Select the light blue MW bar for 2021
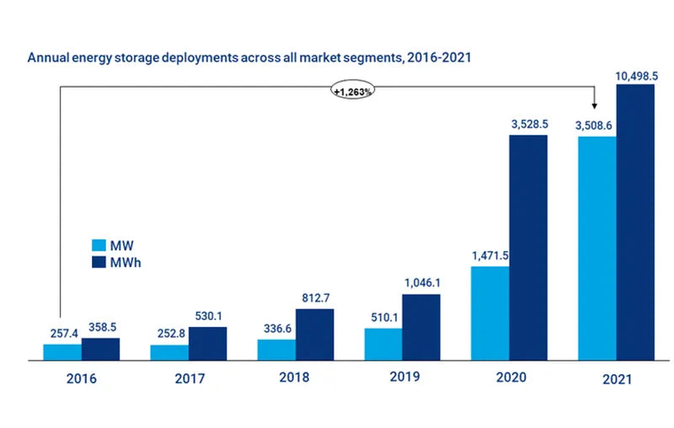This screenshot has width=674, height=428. pos(596,249)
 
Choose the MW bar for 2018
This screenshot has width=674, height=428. pos(276,350)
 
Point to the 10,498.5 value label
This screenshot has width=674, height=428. pos(636,76)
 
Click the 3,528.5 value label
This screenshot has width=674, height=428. pos(528,125)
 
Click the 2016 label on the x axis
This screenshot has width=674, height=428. pos(81,378)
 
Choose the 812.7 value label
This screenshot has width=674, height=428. pos(314,298)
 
